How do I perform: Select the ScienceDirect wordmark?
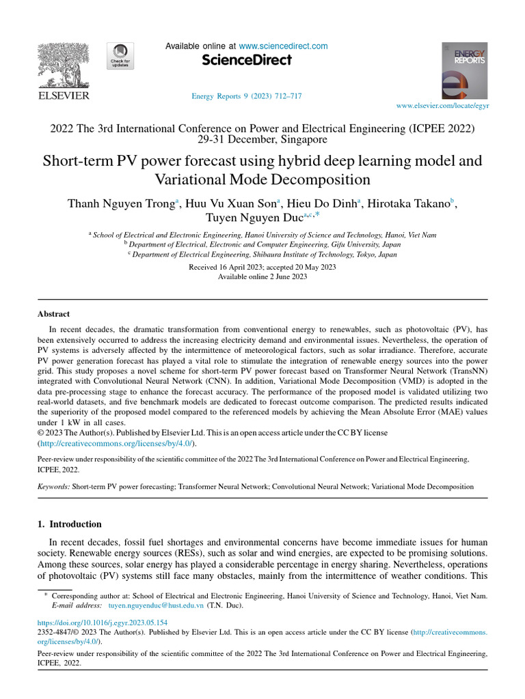[x=247, y=61]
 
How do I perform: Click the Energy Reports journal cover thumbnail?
[x=464, y=71]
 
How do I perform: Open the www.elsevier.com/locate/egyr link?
[x=443, y=106]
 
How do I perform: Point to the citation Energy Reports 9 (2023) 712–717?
[x=246, y=96]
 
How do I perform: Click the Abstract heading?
[x=53, y=314]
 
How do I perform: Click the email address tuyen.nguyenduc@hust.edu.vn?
[x=157, y=605]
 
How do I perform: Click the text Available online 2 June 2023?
[x=262, y=276]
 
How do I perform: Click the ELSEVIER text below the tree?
[x=62, y=96]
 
